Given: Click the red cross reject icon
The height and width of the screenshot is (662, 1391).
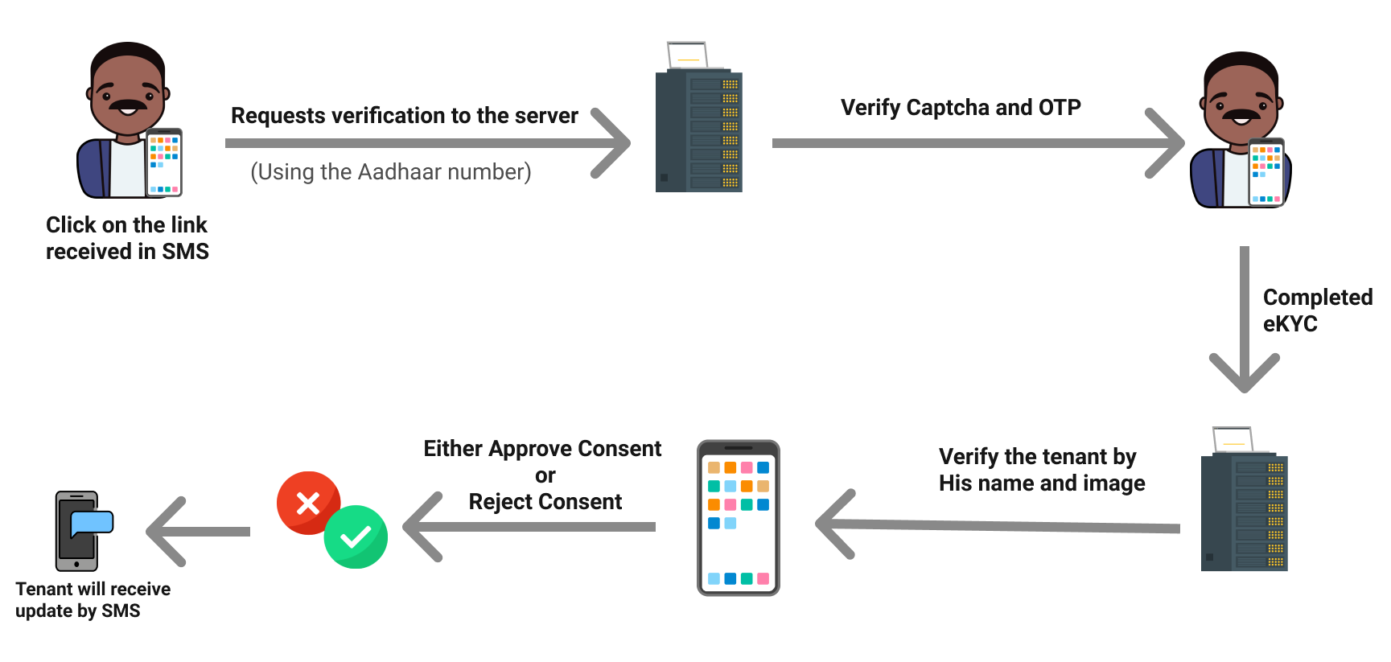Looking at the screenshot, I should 308,504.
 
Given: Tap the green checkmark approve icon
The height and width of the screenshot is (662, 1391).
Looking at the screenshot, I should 356,537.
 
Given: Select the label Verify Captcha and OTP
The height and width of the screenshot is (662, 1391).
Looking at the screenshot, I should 961,108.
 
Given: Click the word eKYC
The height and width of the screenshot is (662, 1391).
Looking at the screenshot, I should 1290,324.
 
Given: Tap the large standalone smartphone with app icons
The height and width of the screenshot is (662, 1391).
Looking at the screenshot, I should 739,517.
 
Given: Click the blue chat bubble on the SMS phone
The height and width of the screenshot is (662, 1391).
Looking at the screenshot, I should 92,523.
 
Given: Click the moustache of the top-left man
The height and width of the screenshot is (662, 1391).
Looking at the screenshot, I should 128,105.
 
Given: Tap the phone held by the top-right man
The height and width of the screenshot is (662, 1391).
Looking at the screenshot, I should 1265,172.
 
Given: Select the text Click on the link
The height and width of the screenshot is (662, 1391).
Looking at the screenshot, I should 126,225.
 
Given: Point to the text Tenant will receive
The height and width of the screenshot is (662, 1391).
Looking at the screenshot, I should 93,589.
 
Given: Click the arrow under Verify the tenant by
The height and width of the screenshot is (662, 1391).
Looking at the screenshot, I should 998,525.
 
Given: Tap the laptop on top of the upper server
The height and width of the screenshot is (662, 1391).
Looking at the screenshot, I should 688,56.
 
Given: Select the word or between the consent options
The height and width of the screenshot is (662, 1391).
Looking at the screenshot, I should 545,475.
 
